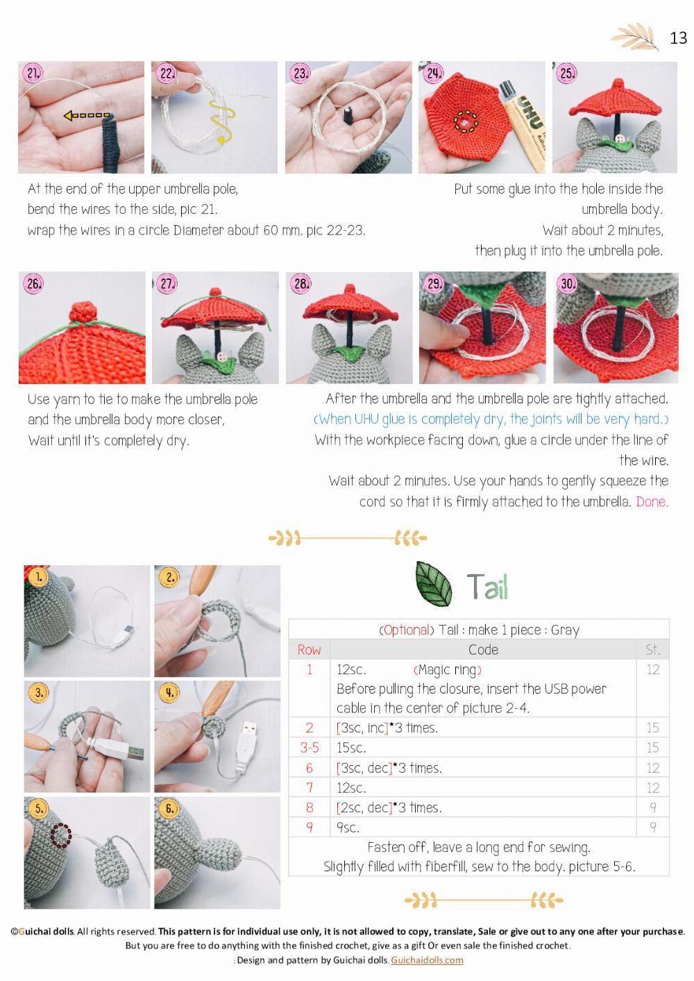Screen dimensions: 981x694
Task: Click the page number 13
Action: tap(678, 37)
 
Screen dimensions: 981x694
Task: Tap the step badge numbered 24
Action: tap(434, 73)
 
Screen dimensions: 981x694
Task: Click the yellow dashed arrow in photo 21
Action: tap(87, 115)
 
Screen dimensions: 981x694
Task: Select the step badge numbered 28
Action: tap(301, 283)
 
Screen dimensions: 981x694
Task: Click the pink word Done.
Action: tap(652, 501)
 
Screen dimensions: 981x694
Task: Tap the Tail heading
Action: tap(487, 587)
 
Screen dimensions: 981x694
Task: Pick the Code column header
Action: tap(483, 650)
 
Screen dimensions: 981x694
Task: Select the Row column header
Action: tap(309, 650)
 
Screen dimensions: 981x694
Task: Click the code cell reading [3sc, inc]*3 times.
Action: tap(387, 728)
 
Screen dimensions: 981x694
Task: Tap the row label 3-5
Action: tap(310, 748)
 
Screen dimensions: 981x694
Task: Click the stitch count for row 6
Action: tap(652, 768)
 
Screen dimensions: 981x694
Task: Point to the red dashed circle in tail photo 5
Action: tap(61, 835)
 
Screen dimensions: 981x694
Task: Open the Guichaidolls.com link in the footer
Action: tap(427, 960)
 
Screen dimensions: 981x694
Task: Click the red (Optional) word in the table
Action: tap(407, 630)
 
